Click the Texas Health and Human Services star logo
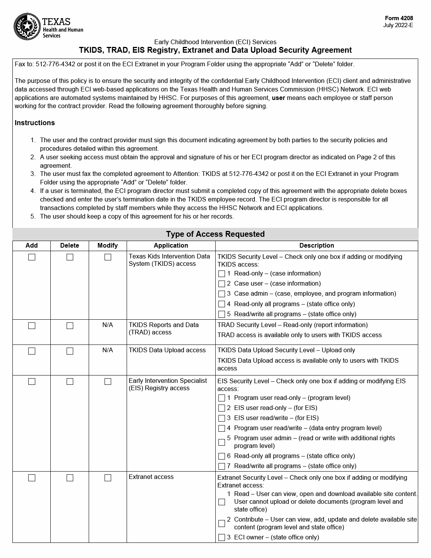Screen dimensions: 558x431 click(27, 26)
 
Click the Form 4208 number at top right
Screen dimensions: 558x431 click(399, 18)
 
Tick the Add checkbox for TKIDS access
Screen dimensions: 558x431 click(32, 257)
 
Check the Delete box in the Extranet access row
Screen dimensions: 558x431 click(70, 478)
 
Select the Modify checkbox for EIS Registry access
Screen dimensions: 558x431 click(108, 382)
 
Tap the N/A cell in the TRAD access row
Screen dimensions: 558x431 click(108, 325)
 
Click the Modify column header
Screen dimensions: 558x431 click(108, 246)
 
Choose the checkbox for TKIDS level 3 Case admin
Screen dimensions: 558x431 click(222, 294)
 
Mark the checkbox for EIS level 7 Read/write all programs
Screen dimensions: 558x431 click(222, 467)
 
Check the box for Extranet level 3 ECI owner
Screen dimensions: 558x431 click(222, 538)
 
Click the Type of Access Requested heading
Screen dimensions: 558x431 click(215, 234)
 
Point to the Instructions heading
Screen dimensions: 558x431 click(35, 123)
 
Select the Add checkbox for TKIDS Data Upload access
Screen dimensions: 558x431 click(32, 351)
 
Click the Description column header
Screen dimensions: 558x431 click(316, 246)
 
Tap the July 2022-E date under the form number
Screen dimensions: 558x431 click(398, 26)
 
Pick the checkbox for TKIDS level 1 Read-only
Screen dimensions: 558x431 click(222, 274)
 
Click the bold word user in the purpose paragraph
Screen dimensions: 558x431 click(278, 98)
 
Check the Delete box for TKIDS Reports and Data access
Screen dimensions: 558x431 click(70, 326)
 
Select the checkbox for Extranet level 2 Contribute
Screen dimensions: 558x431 click(222, 524)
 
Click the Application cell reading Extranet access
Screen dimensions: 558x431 click(151, 477)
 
